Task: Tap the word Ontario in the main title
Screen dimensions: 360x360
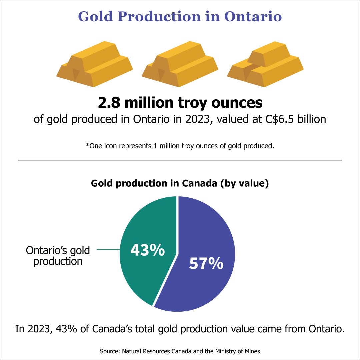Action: pos(253,16)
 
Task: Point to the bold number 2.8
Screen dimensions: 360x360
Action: pos(109,103)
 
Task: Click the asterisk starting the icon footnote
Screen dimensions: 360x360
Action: pos(87,146)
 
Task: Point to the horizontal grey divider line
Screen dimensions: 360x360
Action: pos(180,160)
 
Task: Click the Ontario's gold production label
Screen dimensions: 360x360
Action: pos(59,255)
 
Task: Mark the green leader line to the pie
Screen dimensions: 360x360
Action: pos(108,249)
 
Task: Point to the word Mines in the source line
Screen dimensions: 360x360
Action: pos(252,351)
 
